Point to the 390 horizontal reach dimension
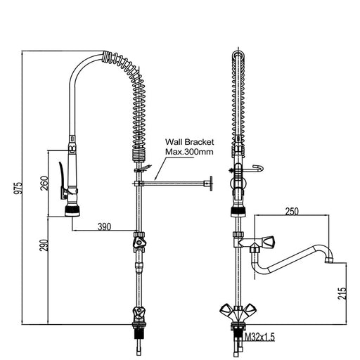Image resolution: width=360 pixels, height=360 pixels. click(x=103, y=226)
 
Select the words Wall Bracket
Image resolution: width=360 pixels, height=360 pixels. click(x=188, y=141)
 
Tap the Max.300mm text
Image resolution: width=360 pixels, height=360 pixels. click(x=188, y=151)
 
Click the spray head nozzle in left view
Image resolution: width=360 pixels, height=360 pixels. click(x=71, y=209)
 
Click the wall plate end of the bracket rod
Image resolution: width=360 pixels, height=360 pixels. click(x=207, y=184)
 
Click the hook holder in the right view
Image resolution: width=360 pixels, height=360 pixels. click(x=258, y=167)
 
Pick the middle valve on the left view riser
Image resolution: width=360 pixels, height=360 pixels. click(x=140, y=243)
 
